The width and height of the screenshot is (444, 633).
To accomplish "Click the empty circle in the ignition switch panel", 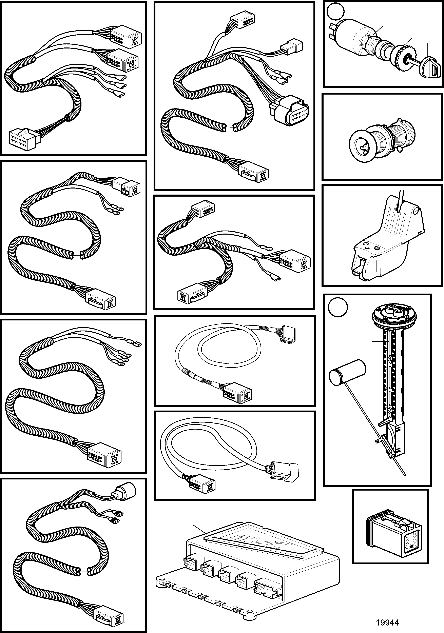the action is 335,11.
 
